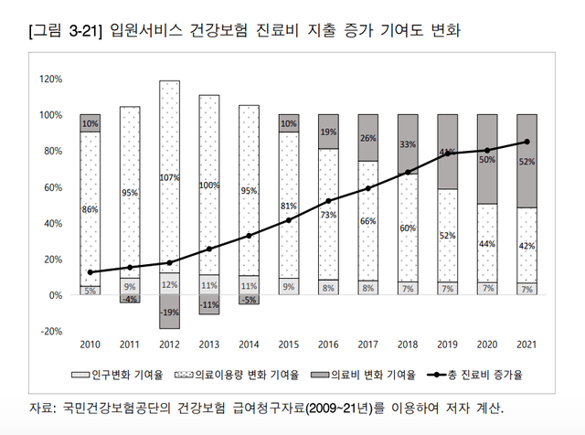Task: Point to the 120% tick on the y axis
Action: coord(51,80)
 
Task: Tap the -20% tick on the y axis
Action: coord(51,331)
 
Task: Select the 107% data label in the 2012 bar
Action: coord(170,176)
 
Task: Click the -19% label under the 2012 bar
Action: coord(170,312)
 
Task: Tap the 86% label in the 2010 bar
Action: coord(90,209)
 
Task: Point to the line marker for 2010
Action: coord(90,272)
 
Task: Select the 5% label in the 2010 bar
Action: coord(90,291)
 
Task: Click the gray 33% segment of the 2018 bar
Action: coord(409,143)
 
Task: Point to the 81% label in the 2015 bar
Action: coord(289,206)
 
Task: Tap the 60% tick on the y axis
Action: coord(51,187)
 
